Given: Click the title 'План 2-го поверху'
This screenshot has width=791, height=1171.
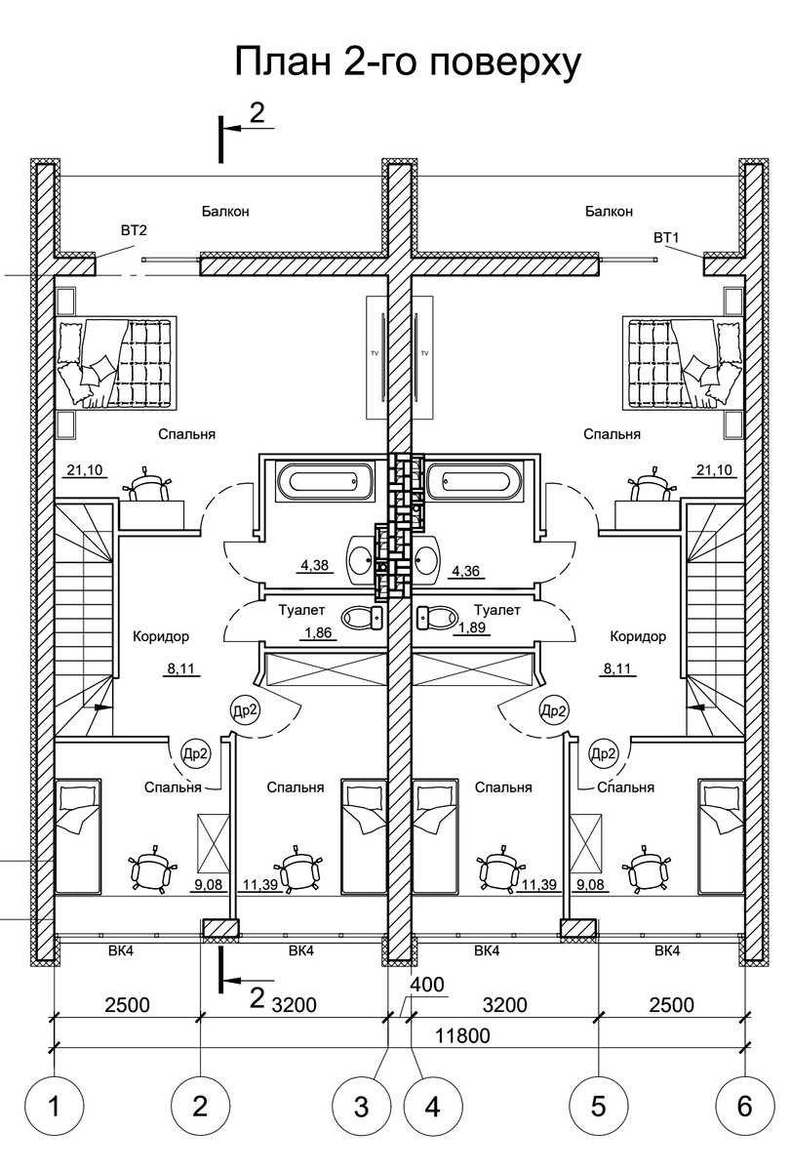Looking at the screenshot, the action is [408, 62].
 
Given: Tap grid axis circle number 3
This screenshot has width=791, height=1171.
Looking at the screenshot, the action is [362, 1107].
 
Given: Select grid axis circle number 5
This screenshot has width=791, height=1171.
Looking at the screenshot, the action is [598, 1107].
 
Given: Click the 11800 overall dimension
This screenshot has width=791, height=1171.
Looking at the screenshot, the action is [462, 1035].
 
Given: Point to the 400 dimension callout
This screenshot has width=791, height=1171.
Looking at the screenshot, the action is [427, 985].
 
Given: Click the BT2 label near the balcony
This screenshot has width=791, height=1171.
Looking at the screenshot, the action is [134, 230].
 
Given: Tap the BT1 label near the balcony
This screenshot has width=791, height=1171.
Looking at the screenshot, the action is [666, 238].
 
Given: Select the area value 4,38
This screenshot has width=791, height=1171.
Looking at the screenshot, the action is [314, 565].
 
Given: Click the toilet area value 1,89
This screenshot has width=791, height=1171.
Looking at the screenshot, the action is [472, 627].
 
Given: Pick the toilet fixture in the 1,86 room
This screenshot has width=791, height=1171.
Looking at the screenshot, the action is [362, 618].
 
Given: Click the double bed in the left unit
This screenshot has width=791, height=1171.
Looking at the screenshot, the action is [116, 362].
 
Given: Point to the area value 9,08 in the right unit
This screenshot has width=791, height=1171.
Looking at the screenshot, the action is [589, 884].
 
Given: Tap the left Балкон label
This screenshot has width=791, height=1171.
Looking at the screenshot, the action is [225, 211].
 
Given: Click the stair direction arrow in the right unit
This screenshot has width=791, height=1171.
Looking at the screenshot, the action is [696, 707].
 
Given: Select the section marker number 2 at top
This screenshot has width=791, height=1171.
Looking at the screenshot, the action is [257, 112].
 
